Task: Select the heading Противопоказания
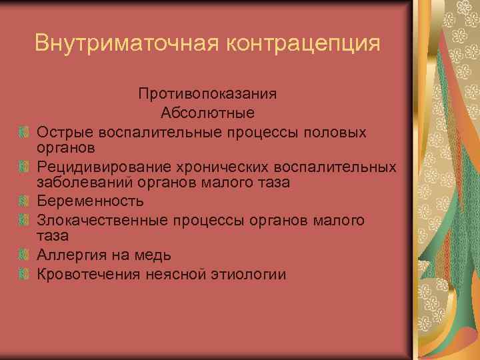207,95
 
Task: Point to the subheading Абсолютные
207,113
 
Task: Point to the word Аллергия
69,255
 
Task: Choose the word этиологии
251,273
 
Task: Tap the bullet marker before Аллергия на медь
24,255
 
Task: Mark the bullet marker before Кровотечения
24,273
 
